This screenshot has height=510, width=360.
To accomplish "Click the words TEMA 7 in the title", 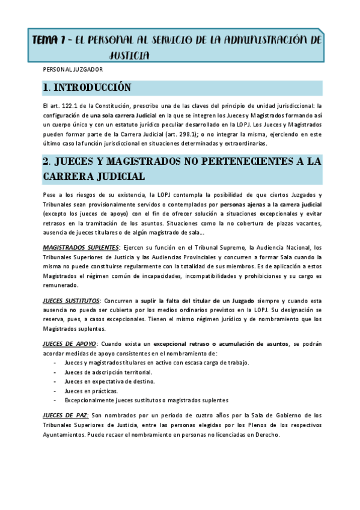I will click(x=50, y=41).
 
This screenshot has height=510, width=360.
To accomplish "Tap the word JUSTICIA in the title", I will click(x=129, y=55).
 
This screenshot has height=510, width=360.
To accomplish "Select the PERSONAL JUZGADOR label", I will click(x=69, y=70).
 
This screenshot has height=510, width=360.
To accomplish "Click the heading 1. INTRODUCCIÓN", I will click(x=87, y=88).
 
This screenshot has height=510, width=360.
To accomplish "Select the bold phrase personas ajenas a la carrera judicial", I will click(x=271, y=205).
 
